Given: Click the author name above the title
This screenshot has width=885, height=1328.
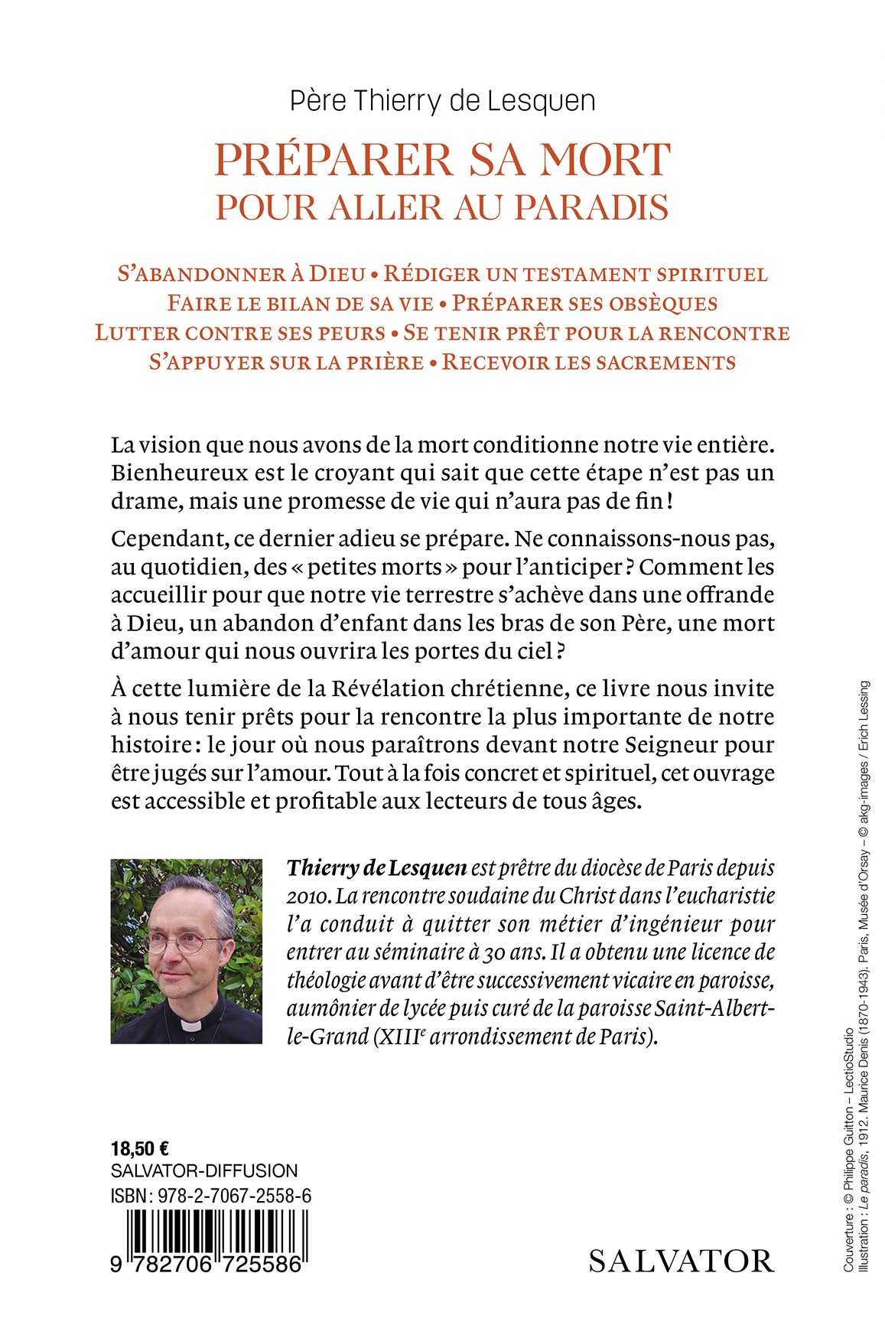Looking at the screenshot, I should [442, 101].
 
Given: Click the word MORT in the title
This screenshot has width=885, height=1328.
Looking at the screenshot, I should [605, 160].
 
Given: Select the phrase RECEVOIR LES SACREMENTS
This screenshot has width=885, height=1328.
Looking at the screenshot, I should [589, 362].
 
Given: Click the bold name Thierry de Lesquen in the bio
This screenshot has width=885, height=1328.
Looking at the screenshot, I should [376, 868].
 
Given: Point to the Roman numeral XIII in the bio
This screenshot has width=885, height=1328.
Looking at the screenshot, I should [397, 1037].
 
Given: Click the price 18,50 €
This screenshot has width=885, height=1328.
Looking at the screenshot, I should [140, 1148].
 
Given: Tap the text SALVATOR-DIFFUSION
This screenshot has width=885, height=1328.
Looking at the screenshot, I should [204, 1171].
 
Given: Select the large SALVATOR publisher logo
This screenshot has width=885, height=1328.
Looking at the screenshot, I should [681, 1261].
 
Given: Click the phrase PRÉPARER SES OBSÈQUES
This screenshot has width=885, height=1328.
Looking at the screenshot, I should [584, 303].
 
